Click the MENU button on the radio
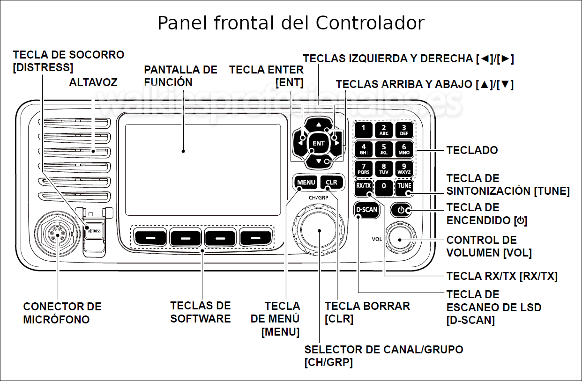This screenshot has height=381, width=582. click(x=306, y=182)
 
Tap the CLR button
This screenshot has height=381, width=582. click(x=332, y=182)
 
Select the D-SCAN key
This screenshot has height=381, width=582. click(x=366, y=209)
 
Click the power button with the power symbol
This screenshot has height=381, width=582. click(x=401, y=210)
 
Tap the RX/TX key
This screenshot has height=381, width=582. click(x=363, y=188)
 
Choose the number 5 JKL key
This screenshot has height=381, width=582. click(x=384, y=149)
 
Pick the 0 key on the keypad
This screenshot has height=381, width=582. click(x=384, y=188)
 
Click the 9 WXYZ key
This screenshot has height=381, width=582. click(x=404, y=169)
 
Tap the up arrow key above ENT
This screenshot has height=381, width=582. click(x=319, y=124)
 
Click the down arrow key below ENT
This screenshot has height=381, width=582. click(x=319, y=161)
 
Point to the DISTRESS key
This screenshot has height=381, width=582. click(x=94, y=231)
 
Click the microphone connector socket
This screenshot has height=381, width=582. click(x=58, y=234)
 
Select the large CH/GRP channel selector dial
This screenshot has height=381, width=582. click(x=319, y=230)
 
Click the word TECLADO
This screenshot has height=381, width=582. click(x=472, y=150)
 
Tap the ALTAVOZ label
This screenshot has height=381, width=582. click(x=93, y=82)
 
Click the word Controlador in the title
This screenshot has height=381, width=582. click(x=370, y=23)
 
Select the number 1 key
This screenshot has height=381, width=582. click(x=363, y=130)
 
